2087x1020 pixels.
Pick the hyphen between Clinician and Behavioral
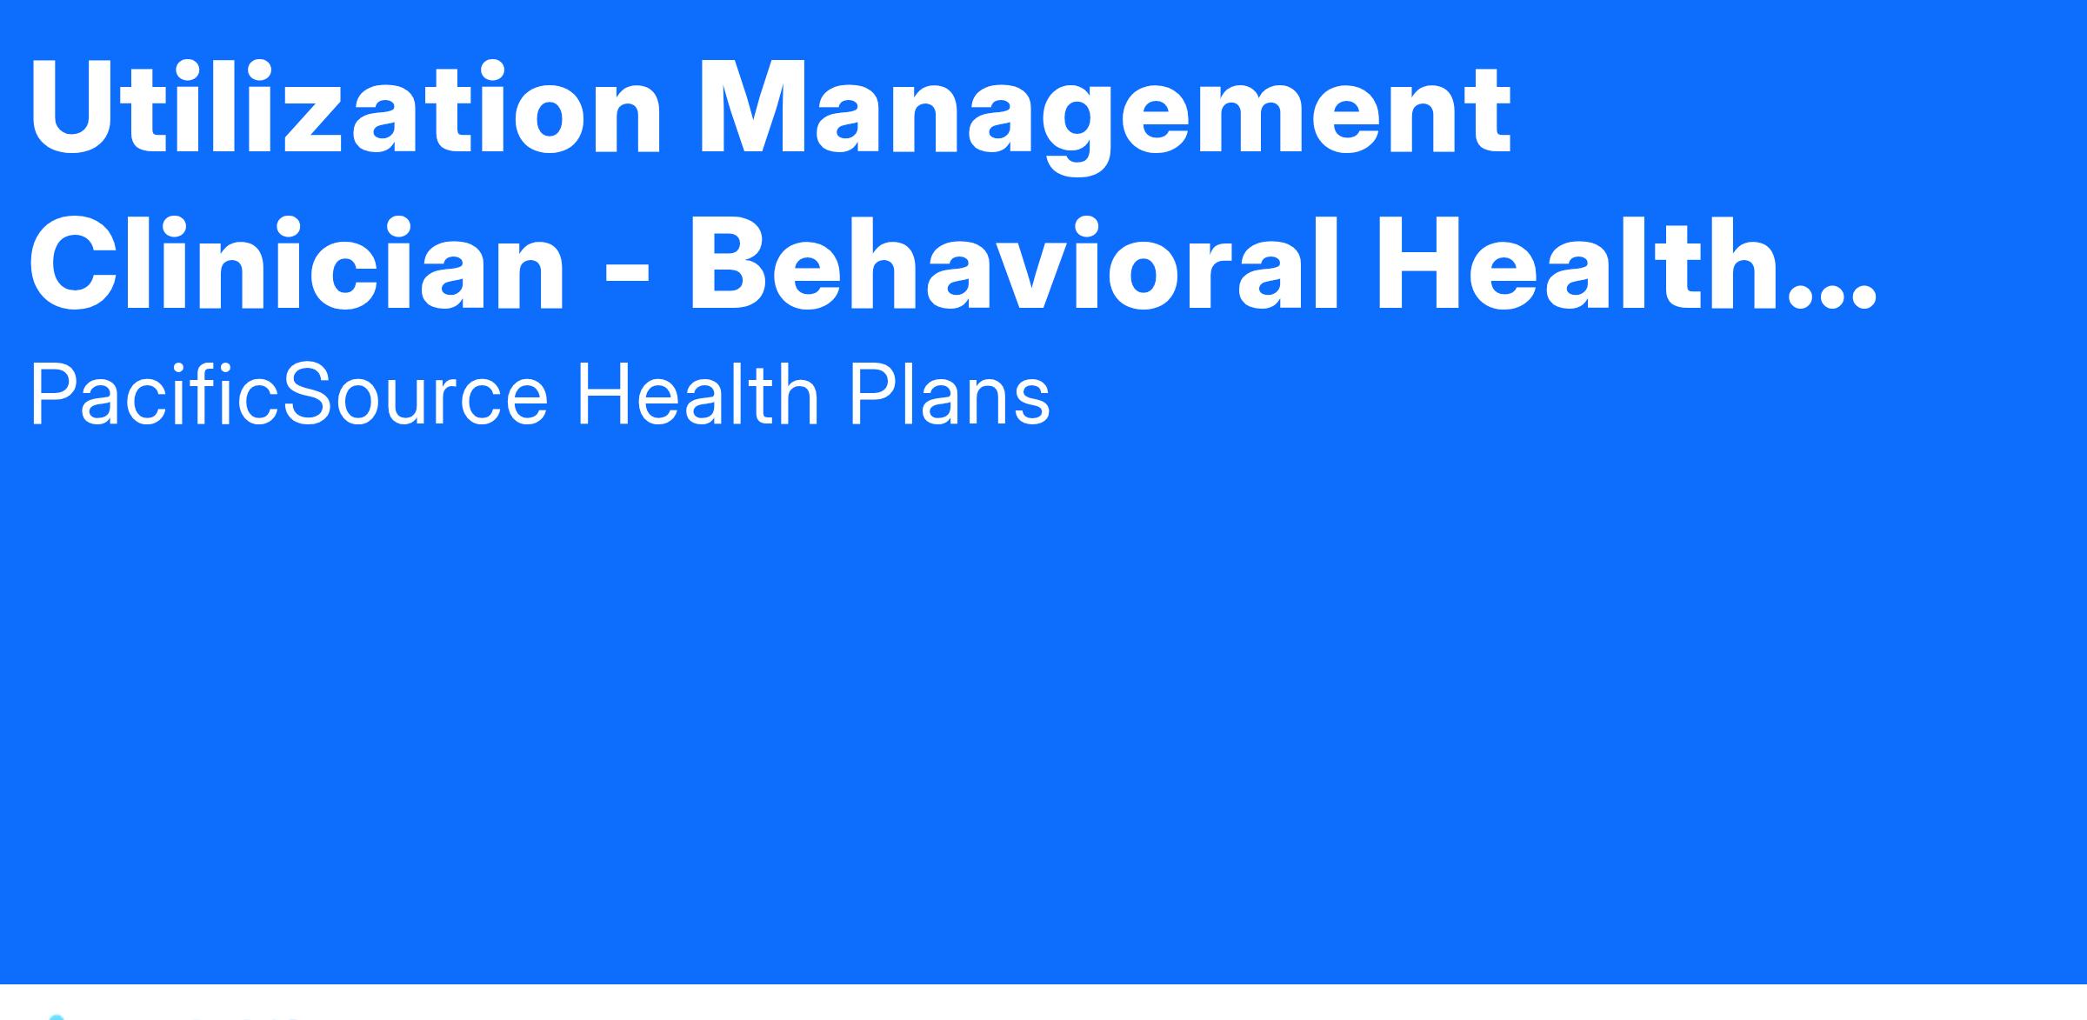tap(626, 273)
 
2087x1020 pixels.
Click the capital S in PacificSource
tap(312, 397)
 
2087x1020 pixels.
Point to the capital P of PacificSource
tap(54, 397)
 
